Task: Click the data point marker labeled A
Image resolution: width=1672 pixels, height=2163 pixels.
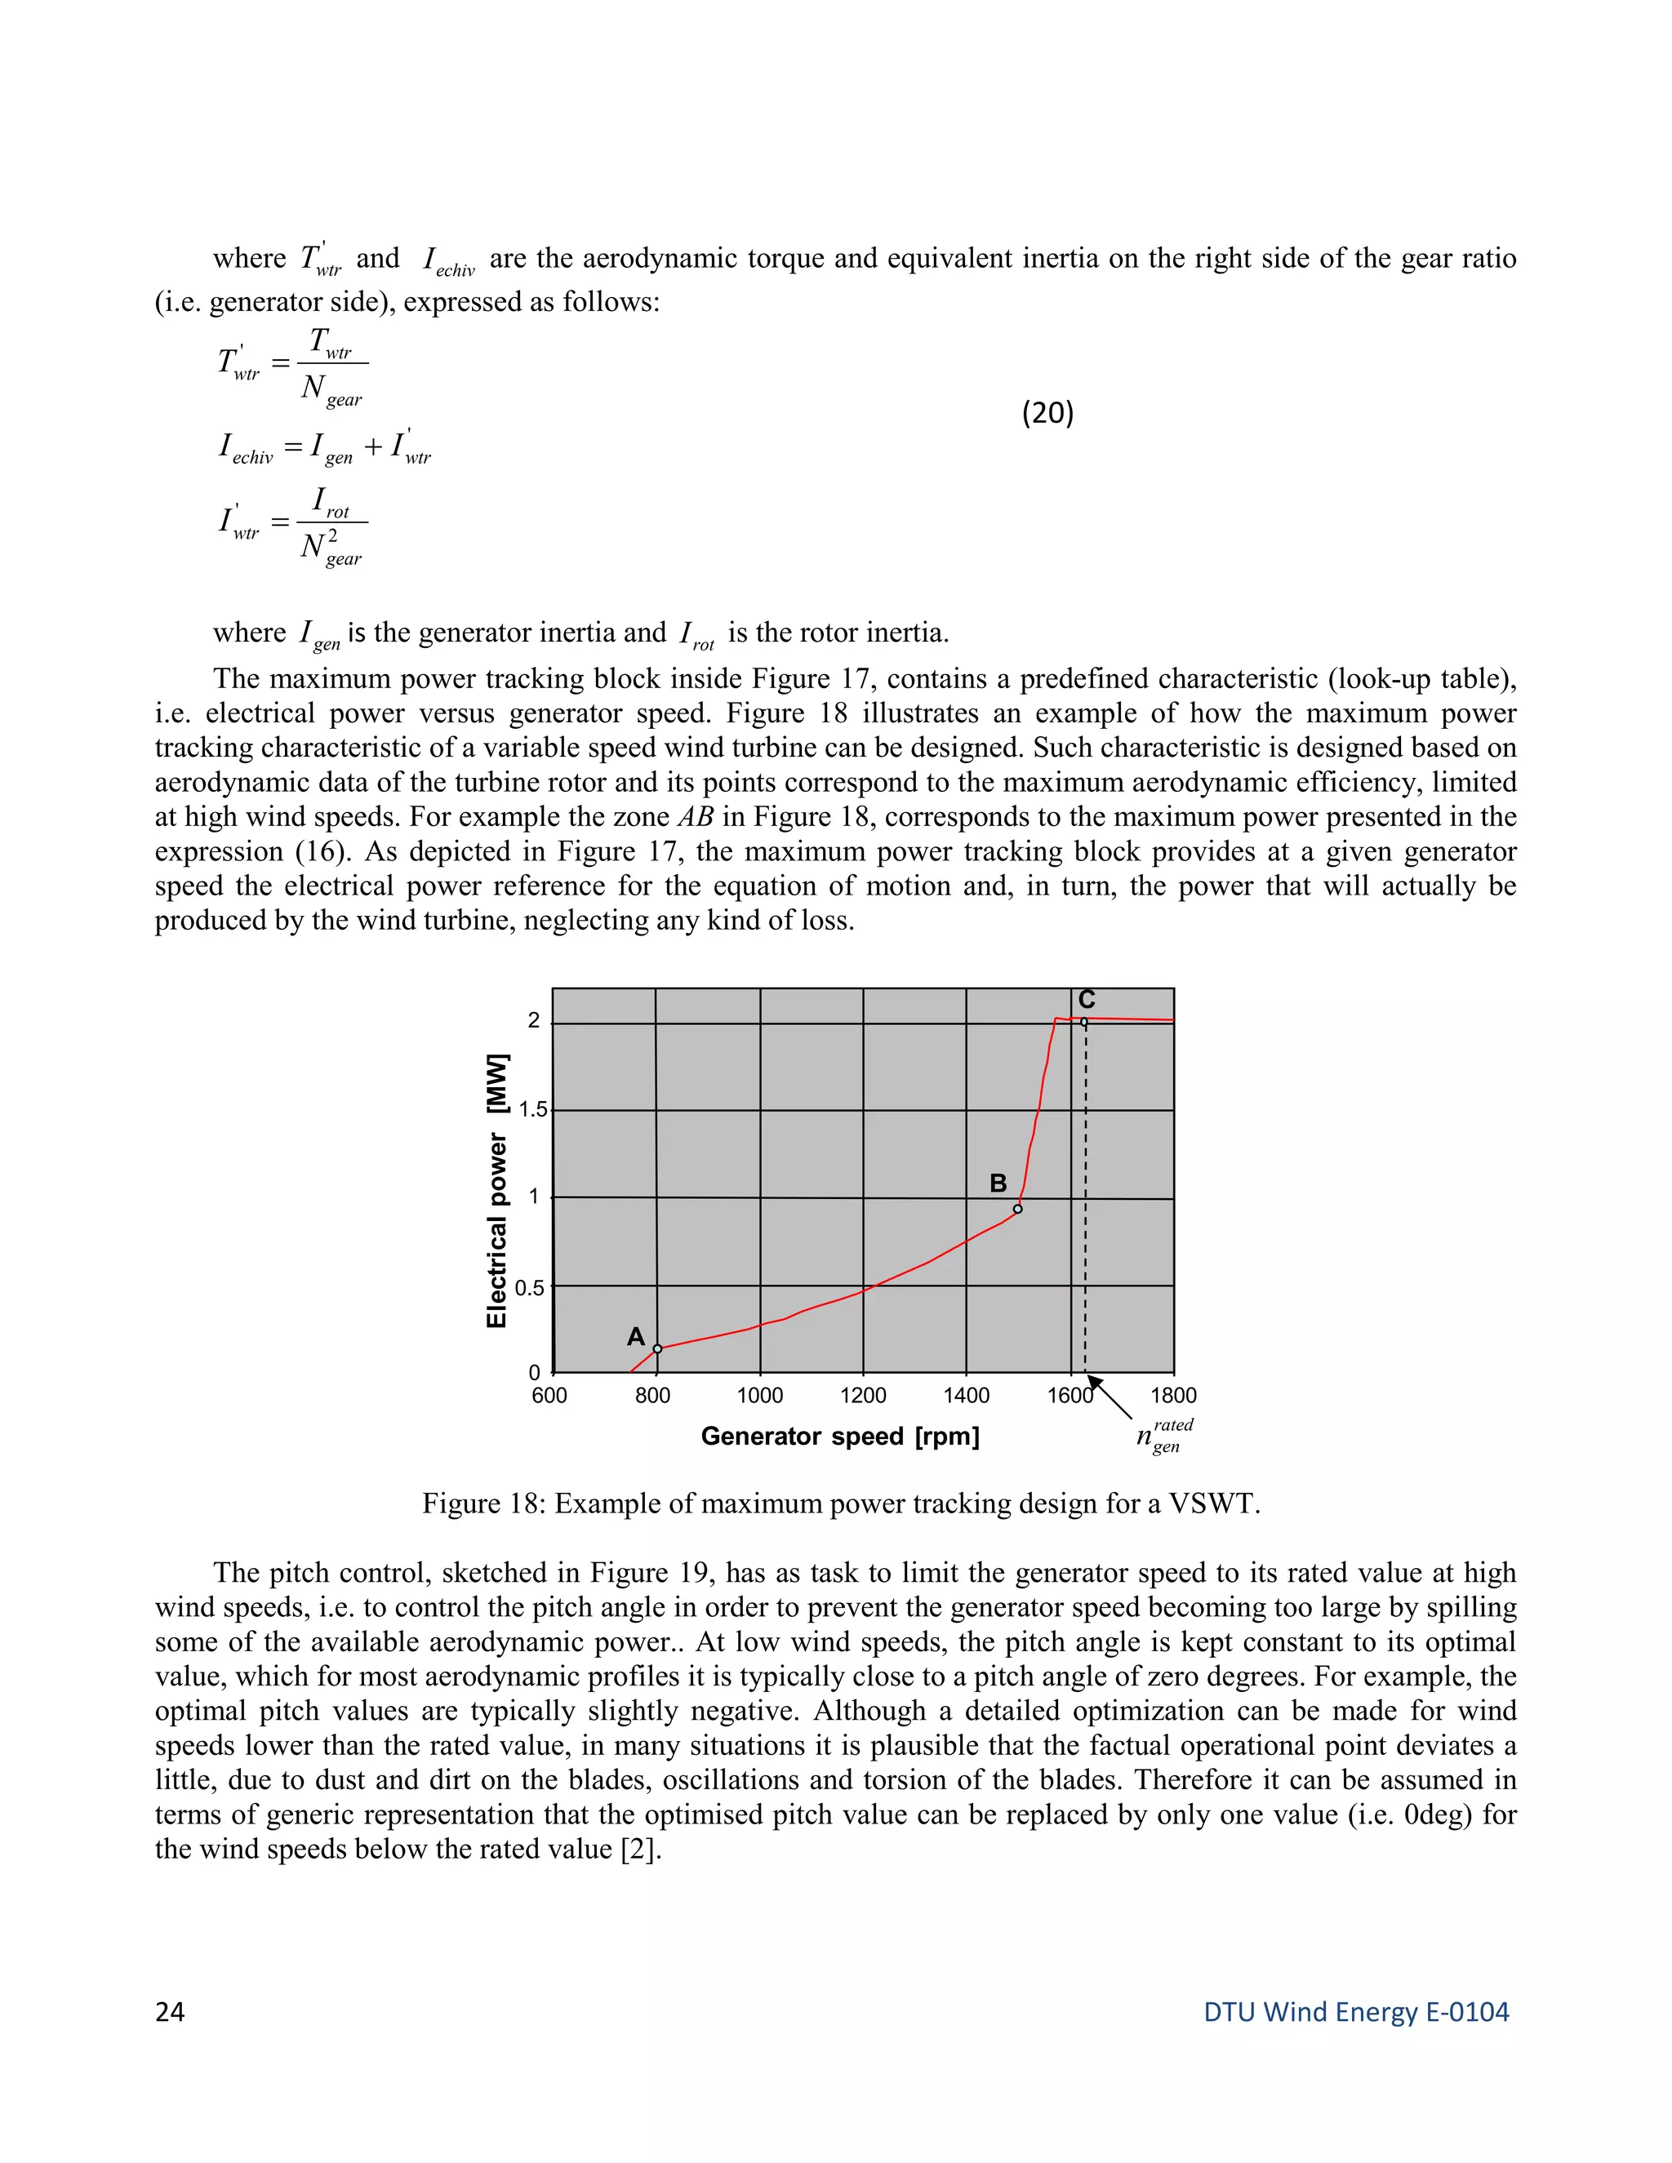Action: (658, 1349)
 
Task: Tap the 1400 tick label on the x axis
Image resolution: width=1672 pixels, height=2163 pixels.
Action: (966, 1396)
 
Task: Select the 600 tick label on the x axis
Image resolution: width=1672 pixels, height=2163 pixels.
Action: (549, 1396)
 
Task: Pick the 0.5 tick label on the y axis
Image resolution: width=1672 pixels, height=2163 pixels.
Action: (529, 1287)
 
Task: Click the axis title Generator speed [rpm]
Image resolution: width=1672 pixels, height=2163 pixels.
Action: (840, 1436)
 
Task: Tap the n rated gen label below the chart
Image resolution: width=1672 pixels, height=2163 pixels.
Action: (1164, 1436)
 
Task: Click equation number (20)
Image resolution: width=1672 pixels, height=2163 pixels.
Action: (1047, 412)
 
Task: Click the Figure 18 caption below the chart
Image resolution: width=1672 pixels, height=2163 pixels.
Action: (840, 1503)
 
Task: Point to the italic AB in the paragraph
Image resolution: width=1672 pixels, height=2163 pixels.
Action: (696, 817)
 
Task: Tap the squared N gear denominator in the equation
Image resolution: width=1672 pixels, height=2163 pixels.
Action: (331, 548)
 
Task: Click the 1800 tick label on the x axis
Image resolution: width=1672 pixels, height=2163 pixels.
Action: (1173, 1396)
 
